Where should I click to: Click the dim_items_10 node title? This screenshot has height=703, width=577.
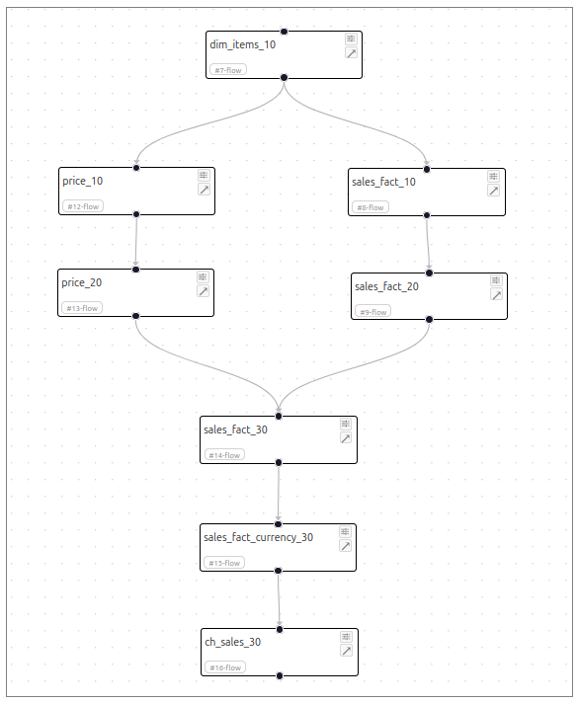point(242,44)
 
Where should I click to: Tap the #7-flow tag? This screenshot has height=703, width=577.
point(228,70)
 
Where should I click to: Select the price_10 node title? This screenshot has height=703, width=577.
point(83,181)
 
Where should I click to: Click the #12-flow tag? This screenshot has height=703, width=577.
point(83,206)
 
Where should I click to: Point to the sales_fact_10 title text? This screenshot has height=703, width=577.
point(383,182)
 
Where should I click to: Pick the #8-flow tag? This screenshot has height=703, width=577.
point(371,207)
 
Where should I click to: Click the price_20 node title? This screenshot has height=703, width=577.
point(82,283)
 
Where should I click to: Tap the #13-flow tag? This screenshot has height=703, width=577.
point(82,308)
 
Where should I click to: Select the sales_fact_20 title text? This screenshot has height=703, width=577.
point(386,286)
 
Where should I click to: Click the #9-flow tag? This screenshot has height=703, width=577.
point(372,312)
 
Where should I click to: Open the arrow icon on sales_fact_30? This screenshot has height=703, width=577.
point(346,438)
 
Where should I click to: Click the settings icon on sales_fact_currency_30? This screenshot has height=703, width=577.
point(345,532)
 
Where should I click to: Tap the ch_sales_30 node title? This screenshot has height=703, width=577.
point(233,642)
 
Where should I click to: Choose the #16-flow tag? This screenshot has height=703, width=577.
point(225,667)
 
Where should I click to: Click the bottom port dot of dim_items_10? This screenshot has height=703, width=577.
point(284,78)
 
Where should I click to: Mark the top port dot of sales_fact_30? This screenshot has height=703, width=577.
point(279,416)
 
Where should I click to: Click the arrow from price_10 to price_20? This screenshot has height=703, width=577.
point(136,242)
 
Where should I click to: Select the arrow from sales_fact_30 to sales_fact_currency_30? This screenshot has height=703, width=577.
point(279,494)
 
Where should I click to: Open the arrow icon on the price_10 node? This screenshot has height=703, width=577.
point(204,190)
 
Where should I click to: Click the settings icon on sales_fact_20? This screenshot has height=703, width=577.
point(496,280)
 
